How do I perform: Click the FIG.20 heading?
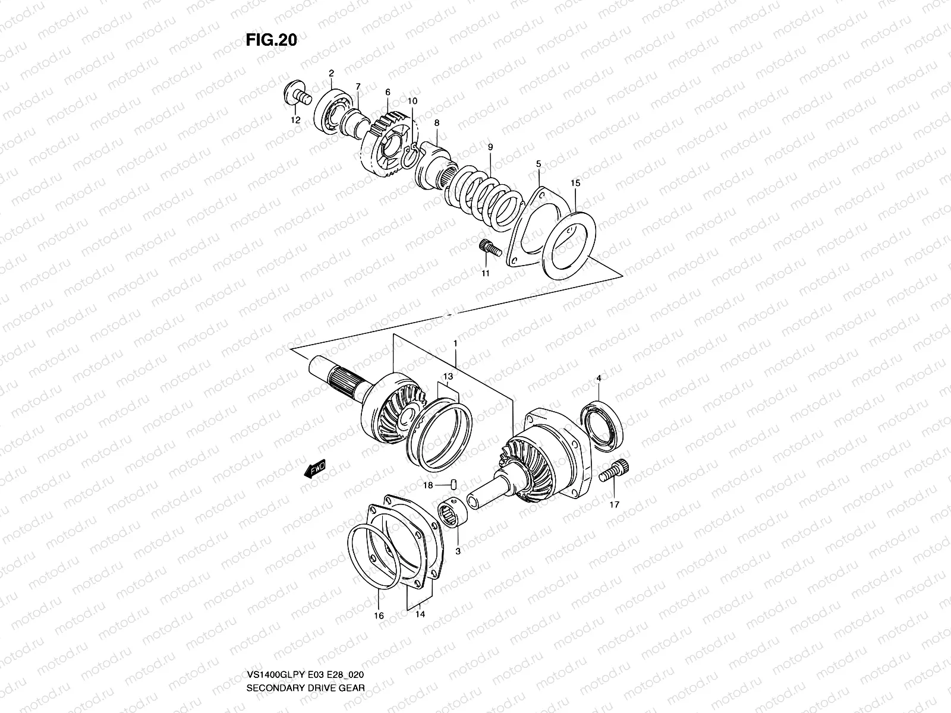click(271, 40)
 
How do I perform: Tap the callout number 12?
click(295, 119)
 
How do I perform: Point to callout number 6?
click(388, 92)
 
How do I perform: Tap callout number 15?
click(575, 184)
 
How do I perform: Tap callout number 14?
click(420, 616)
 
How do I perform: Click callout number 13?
click(448, 377)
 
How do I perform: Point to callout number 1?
click(455, 343)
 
